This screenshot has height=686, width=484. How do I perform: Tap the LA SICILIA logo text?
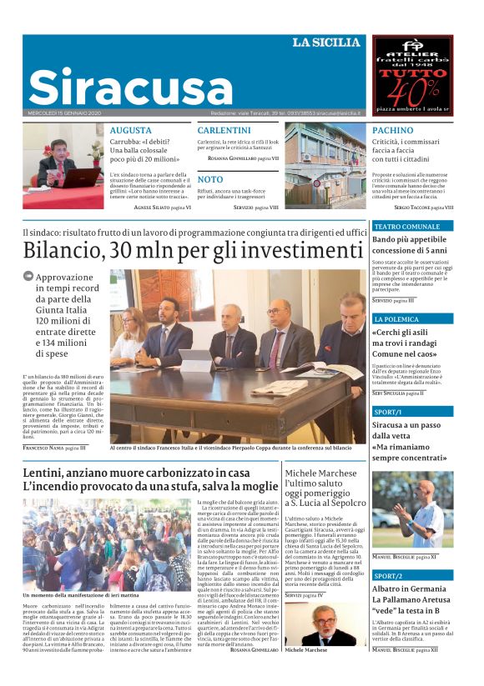coord(325,43)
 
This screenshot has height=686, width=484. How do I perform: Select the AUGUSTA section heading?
coord(131,131)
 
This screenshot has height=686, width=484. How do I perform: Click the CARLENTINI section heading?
coord(224,131)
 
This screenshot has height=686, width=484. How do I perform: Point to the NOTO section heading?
coord(210,179)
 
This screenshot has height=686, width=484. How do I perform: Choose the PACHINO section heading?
coord(392,131)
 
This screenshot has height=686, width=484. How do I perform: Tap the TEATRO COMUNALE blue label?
coord(406,226)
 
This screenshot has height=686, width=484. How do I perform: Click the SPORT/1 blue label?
coord(388,412)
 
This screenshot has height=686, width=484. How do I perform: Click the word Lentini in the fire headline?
coord(46,473)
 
